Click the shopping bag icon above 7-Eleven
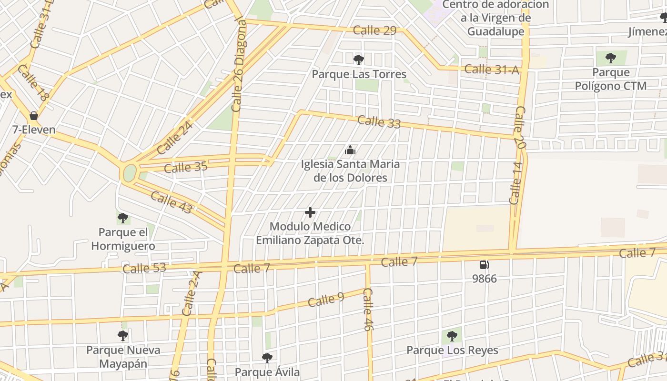pos(34,115)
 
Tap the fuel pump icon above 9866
pos(484,265)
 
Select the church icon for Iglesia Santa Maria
pos(350,150)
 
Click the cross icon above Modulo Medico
pos(310,212)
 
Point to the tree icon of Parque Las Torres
pos(359,60)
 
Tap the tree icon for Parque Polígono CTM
pos(610,59)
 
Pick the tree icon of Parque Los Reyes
pos(452,336)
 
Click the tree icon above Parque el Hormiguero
pos(123,219)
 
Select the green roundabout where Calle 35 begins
pos(130,173)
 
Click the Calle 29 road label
pos(375,30)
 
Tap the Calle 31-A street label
pos(492,70)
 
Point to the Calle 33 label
pos(379,122)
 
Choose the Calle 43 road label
pos(172,202)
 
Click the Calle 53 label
pos(144,268)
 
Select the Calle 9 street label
pos(326,300)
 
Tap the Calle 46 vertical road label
pos(367,310)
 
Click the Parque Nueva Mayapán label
pos(123,357)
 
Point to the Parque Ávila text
pos(267,372)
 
